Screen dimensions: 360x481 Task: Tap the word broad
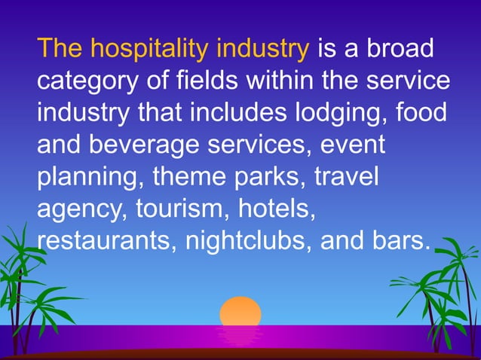coord(400,50)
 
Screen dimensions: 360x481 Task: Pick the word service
coord(406,81)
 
